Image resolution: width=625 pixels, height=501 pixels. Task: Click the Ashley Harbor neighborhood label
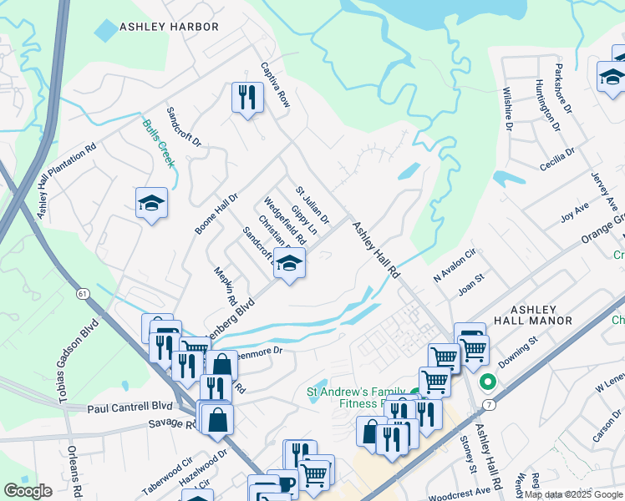pos(169,27)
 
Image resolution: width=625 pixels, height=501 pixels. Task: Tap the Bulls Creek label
pos(158,143)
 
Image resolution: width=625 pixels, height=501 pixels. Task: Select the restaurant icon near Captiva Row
pos(247,98)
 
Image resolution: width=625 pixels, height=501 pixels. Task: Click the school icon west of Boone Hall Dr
pos(152,203)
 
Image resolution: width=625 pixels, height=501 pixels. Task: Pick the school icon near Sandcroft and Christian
pos(289,264)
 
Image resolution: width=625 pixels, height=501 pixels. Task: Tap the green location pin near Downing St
pos(489,383)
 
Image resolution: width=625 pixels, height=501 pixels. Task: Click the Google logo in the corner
pos(28,491)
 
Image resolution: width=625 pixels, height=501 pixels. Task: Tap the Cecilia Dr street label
pos(557,159)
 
